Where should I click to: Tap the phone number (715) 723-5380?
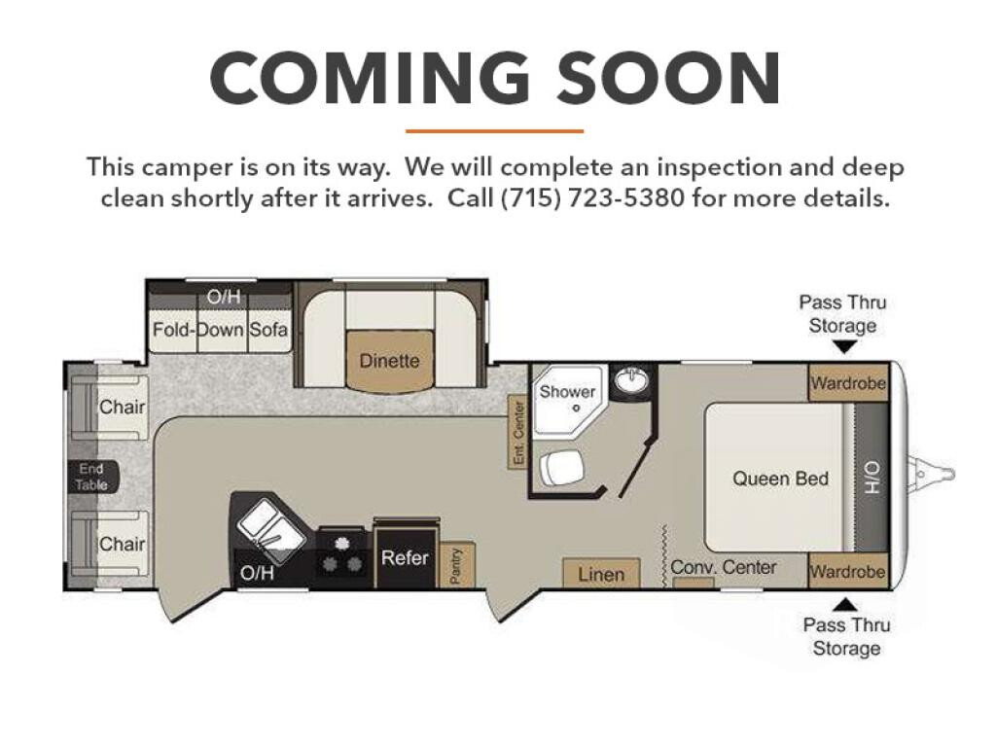tap(592, 198)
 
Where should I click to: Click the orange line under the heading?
tap(494, 131)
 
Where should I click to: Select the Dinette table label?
tap(389, 361)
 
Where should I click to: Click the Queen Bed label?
tap(781, 479)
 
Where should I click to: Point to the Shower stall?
tap(567, 400)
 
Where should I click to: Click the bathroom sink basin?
tap(630, 380)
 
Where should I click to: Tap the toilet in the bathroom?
tap(562, 468)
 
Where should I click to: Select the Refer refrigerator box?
tap(406, 557)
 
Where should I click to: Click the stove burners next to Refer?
tap(341, 553)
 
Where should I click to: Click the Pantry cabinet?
tap(456, 565)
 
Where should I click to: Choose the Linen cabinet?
tap(601, 574)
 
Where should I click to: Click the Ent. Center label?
tap(518, 433)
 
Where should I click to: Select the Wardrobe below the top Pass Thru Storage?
tap(848, 383)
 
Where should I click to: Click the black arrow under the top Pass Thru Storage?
tap(844, 347)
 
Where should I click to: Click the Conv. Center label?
tap(724, 567)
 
